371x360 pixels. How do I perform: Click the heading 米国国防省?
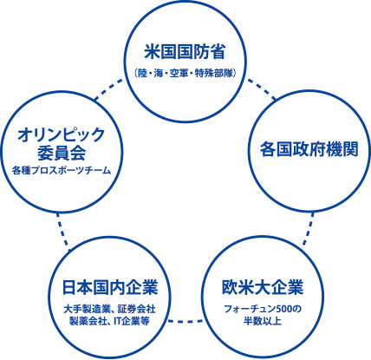pyautogui.click(x=185, y=52)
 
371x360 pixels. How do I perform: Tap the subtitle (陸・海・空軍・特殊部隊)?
pyautogui.click(x=185, y=74)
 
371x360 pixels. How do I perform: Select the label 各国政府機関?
pyautogui.click(x=309, y=149)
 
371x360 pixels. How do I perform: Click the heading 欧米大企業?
pyautogui.click(x=263, y=287)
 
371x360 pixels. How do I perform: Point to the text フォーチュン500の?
pyautogui.click(x=263, y=309)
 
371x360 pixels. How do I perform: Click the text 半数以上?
pyautogui.click(x=263, y=321)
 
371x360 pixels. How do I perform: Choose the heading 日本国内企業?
pyautogui.click(x=110, y=287)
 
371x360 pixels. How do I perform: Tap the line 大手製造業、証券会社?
pyautogui.click(x=109, y=309)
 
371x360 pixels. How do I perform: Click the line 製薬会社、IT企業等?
pyautogui.click(x=109, y=321)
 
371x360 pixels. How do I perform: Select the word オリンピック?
pyautogui.click(x=62, y=134)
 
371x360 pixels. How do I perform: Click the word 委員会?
pyautogui.click(x=62, y=154)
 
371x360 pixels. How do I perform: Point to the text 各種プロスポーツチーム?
pyautogui.click(x=62, y=171)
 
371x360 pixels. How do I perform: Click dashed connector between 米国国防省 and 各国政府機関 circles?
pyautogui.click(x=262, y=89)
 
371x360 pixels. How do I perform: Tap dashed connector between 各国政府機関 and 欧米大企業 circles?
pyautogui.click(x=308, y=228)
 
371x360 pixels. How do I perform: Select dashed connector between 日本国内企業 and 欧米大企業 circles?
pyautogui.click(x=185, y=320)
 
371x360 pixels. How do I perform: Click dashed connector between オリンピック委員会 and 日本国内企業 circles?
pyautogui.click(x=63, y=232)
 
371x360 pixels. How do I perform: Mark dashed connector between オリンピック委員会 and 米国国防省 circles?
pyautogui.click(x=109, y=89)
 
